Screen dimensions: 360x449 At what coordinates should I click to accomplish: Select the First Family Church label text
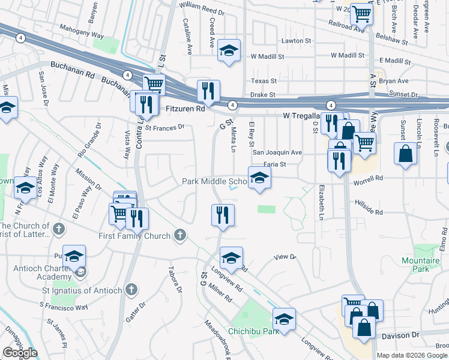coord(134,236)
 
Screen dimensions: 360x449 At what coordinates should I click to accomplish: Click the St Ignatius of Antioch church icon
coord(131,291)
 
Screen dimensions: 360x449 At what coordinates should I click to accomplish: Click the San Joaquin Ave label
coord(277,152)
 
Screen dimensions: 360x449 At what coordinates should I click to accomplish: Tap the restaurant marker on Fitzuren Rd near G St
coord(208,91)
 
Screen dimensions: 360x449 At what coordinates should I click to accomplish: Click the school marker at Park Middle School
coord(259,178)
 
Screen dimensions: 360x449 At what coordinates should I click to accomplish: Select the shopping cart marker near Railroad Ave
coord(362,13)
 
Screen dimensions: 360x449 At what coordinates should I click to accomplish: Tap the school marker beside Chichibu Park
coord(284,319)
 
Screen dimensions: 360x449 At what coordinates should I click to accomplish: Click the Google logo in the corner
coord(20,353)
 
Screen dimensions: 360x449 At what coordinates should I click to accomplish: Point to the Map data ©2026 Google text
coord(412,355)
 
